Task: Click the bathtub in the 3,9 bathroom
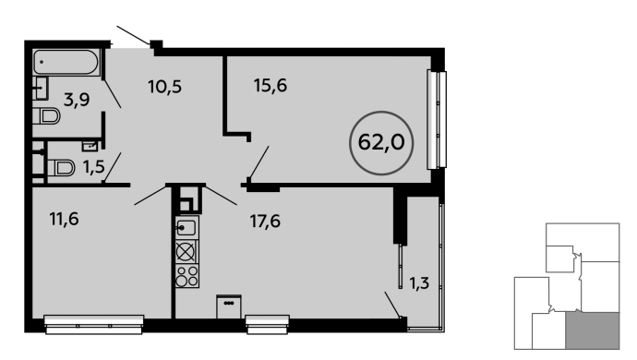(x=66, y=62)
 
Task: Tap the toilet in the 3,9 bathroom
(x=46, y=116)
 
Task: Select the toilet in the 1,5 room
(x=61, y=168)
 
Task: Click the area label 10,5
(x=164, y=87)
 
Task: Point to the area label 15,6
(x=270, y=86)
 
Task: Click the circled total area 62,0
(x=381, y=143)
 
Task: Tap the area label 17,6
(x=265, y=222)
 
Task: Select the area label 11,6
(x=65, y=220)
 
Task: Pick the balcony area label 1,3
(x=419, y=282)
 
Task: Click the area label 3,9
(x=77, y=100)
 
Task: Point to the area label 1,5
(x=94, y=166)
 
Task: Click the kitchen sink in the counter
(x=186, y=228)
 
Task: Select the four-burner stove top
(x=186, y=276)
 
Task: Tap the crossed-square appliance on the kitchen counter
(x=186, y=252)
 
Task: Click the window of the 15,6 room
(x=437, y=119)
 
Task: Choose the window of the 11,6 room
(x=94, y=324)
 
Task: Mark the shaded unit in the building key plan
(x=593, y=330)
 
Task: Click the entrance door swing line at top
(x=133, y=35)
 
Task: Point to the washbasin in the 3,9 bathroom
(x=41, y=89)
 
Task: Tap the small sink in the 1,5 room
(x=90, y=146)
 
